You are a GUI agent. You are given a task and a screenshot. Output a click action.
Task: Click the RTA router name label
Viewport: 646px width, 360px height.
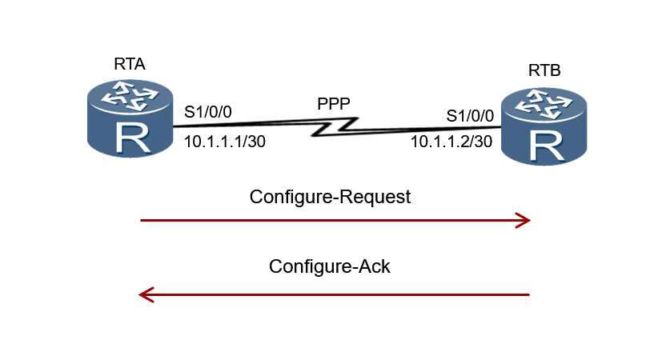click(129, 65)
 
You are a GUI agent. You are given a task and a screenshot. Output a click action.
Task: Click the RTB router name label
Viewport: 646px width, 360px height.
click(544, 71)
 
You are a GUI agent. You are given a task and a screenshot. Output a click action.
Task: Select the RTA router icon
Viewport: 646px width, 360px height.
click(130, 119)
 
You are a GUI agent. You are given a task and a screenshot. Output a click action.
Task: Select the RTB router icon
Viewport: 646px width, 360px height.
click(544, 128)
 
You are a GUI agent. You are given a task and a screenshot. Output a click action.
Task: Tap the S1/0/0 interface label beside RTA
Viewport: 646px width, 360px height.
click(208, 112)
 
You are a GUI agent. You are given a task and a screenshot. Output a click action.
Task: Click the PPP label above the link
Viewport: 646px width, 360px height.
click(334, 104)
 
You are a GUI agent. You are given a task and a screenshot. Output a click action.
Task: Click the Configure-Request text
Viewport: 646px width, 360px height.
click(330, 197)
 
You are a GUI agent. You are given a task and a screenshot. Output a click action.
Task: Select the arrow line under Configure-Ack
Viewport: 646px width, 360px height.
click(336, 295)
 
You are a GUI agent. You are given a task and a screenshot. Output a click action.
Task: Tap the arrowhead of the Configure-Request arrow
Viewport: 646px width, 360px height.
click(524, 220)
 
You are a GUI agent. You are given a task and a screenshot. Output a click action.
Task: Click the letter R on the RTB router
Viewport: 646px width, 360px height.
click(544, 146)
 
